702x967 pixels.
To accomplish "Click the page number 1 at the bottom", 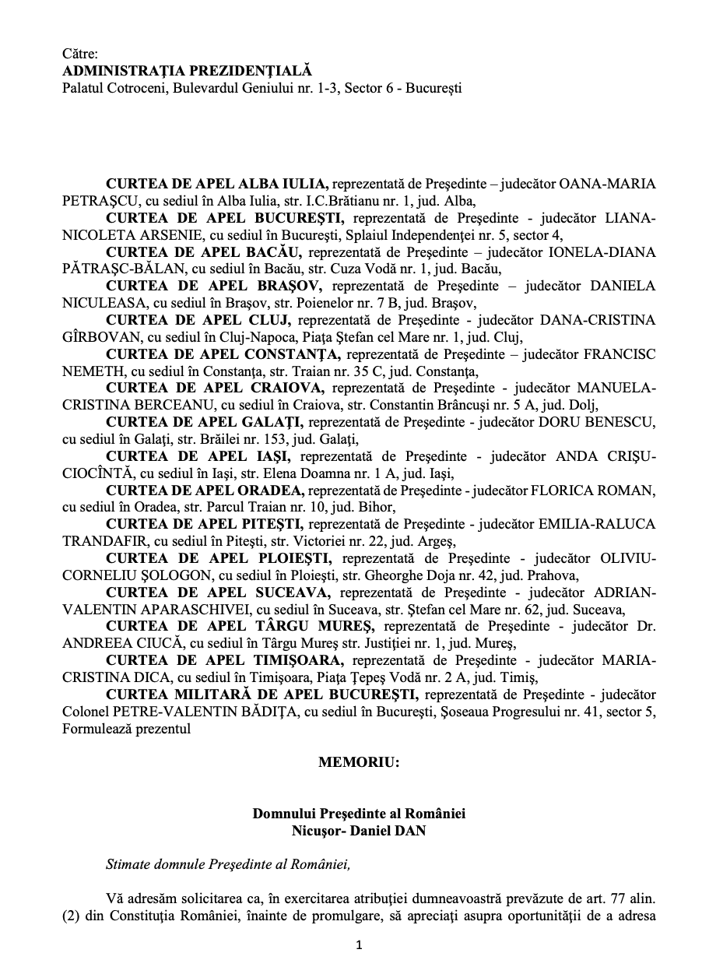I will point(359,945).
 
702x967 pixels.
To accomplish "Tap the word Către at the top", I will point(80,55).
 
